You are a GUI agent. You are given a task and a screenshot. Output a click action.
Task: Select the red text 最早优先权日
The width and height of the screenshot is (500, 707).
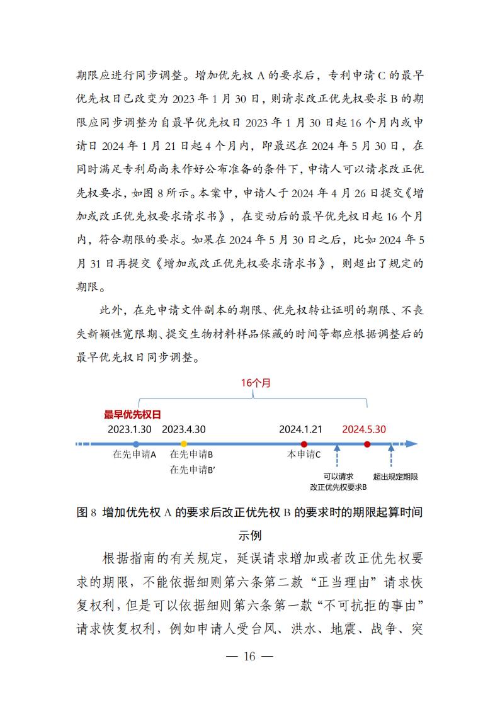tap(133, 414)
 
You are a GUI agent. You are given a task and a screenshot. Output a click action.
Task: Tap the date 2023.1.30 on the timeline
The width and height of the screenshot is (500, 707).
tap(130, 429)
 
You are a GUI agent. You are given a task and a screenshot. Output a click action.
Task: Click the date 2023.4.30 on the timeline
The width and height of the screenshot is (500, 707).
tap(184, 429)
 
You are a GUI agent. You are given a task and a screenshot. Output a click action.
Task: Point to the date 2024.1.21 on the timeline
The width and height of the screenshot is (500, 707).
tap(301, 429)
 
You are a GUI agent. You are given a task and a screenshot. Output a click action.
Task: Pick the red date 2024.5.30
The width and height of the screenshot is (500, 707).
tap(364, 429)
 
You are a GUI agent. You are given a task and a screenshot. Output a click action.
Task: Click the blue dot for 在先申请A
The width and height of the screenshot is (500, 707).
tap(136, 444)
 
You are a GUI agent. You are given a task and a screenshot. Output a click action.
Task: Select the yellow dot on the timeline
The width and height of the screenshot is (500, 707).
tap(184, 444)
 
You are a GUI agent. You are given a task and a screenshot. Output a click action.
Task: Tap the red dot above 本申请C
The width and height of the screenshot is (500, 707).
tap(304, 444)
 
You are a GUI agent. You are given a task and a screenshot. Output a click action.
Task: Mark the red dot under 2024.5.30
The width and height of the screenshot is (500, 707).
tap(367, 444)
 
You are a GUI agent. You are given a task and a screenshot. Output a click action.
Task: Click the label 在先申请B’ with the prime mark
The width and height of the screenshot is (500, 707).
tap(192, 469)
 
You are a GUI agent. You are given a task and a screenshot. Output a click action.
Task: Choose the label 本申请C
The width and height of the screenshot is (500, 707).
tap(304, 455)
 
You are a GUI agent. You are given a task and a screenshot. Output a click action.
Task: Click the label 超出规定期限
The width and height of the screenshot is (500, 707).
tap(395, 477)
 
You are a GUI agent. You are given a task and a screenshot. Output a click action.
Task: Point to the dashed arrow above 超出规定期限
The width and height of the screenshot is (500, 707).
tap(391, 457)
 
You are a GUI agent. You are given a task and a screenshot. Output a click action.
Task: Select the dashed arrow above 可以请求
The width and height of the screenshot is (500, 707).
tap(338, 457)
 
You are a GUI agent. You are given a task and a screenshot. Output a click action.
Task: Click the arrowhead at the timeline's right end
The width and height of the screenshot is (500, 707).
tap(412, 444)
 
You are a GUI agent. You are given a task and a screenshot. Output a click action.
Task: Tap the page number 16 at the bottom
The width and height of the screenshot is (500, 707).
tap(249, 656)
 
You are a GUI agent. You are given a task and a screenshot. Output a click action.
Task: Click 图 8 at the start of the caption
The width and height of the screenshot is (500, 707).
tap(86, 512)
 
